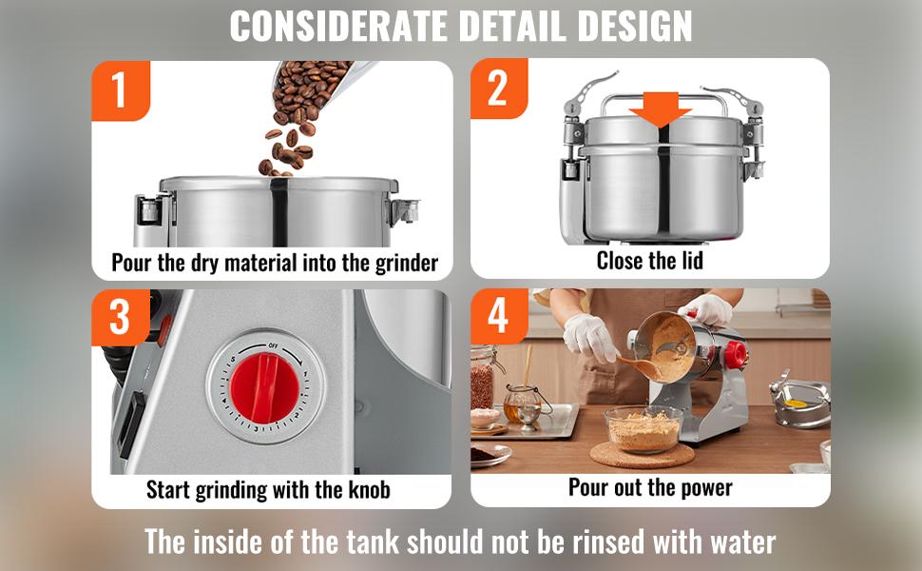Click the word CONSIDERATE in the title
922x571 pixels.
tap(338, 26)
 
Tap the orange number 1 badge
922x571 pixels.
tap(121, 90)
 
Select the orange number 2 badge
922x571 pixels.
tap(499, 89)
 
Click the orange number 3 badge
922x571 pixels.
tap(120, 317)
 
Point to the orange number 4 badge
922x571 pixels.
tap(499, 316)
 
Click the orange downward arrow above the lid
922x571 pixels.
tap(661, 109)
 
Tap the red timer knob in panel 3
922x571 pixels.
tap(264, 388)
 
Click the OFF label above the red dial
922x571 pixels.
tap(274, 345)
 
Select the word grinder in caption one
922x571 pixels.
tap(406, 263)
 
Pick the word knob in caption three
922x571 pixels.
tap(369, 490)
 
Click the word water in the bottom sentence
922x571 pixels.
tap(743, 541)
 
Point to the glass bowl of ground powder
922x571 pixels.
tap(643, 429)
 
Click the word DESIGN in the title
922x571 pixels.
tap(634, 26)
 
